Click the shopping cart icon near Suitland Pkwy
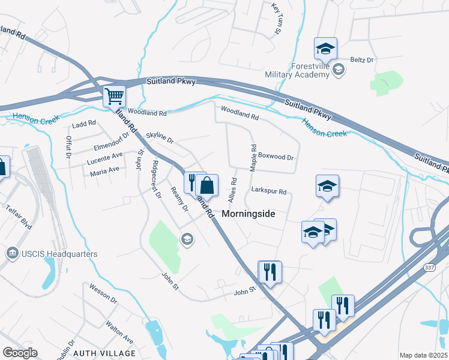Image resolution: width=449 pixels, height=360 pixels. click(114, 95)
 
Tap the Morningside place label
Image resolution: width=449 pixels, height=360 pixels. click(249, 213)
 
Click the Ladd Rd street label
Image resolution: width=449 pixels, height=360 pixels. click(83, 124)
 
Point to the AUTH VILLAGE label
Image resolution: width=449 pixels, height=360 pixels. click(104, 353)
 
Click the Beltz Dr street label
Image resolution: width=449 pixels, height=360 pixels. click(361, 60)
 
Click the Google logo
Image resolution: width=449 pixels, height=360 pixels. click(20, 353)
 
